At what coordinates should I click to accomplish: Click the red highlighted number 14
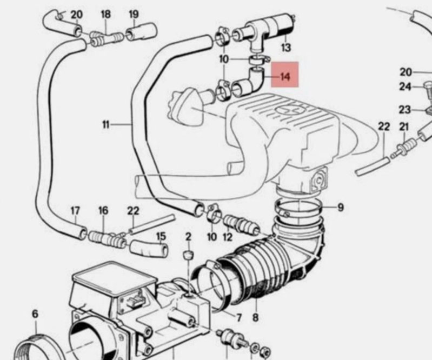pos(285,76)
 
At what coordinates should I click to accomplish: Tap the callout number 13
pos(286,48)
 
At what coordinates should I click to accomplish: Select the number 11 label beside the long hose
pos(106,125)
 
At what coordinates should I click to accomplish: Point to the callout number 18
pos(106,14)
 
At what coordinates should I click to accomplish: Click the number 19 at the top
pos(134,14)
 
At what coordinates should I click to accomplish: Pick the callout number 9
pos(341,207)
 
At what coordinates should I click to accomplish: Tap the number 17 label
pos(75,211)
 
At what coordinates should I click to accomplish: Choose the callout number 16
pos(103,211)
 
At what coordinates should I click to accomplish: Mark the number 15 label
pos(161,236)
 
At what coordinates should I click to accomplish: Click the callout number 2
pos(189,237)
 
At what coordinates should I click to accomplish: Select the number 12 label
pos(228,237)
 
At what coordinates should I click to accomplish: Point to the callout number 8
pos(255,318)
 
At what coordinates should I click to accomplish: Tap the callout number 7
pos(238,318)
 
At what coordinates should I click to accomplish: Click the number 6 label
pos(35,314)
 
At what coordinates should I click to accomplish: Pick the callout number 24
pos(405,87)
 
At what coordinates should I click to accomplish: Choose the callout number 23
pos(405,110)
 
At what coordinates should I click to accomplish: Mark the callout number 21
pos(404,127)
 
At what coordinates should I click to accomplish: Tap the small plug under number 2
pos(188,255)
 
